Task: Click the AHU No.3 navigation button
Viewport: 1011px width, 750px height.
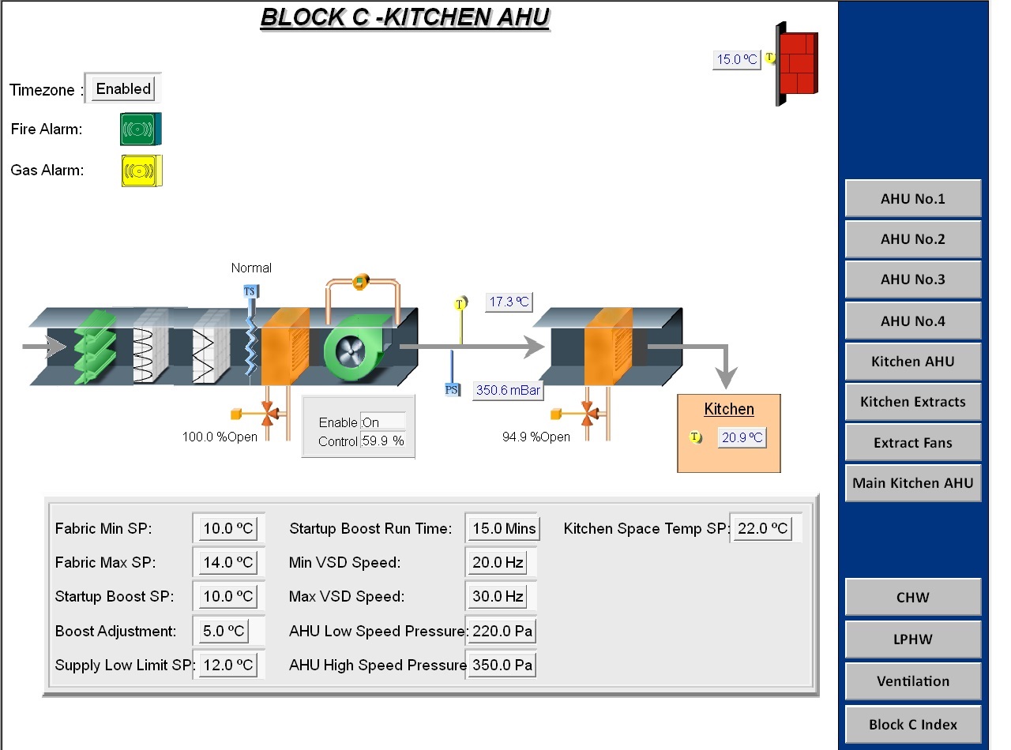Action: (912, 279)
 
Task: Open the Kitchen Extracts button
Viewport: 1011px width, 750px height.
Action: (912, 402)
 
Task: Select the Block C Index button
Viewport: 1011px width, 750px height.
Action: (912, 725)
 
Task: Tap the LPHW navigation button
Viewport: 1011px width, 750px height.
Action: (912, 639)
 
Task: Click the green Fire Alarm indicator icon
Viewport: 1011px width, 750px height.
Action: (140, 129)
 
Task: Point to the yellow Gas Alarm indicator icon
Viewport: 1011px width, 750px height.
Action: (141, 171)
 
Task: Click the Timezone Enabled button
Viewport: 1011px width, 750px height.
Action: (123, 88)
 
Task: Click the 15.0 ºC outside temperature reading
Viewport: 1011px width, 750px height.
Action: (736, 59)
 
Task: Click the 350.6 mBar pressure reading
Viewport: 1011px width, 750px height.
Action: (508, 390)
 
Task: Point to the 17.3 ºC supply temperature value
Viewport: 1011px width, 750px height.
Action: (509, 302)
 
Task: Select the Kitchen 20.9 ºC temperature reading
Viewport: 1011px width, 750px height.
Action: (742, 437)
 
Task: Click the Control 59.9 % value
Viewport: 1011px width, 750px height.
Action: (383, 441)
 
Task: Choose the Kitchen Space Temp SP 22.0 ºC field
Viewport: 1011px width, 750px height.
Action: (762, 528)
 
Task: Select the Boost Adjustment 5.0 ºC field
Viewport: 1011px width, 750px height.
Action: (224, 631)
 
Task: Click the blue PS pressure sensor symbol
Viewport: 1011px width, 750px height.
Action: (452, 389)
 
